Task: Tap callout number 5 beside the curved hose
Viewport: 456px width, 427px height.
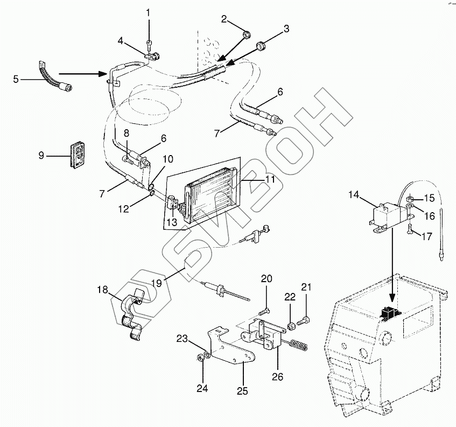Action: tap(16, 79)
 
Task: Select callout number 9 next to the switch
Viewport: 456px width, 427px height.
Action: tap(41, 157)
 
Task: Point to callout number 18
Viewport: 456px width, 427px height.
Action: tap(102, 290)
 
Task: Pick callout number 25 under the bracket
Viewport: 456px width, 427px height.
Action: tap(242, 390)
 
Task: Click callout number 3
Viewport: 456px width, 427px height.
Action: tap(286, 29)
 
